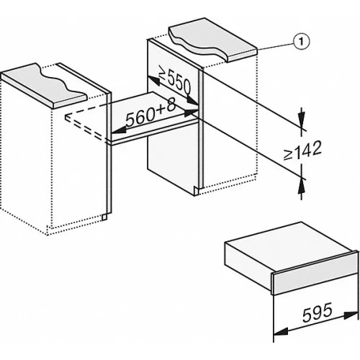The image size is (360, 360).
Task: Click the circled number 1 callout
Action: tap(301, 42)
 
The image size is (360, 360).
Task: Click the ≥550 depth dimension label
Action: tap(175, 81)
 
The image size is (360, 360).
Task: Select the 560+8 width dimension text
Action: tap(150, 112)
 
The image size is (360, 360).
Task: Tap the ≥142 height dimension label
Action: tap(302, 150)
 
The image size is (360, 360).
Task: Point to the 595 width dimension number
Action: tap(318, 312)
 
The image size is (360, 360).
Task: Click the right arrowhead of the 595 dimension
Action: tap(351, 315)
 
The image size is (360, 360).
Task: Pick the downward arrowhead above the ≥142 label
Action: tap(302, 119)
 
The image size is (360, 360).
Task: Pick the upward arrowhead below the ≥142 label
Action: tap(302, 187)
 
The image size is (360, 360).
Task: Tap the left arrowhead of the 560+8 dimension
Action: tap(120, 130)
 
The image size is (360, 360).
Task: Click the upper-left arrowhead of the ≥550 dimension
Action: tap(153, 81)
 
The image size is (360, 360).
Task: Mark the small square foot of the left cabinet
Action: tap(104, 217)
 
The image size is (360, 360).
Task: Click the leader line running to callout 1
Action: tap(275, 46)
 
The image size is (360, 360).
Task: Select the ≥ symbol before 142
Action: tap(288, 155)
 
